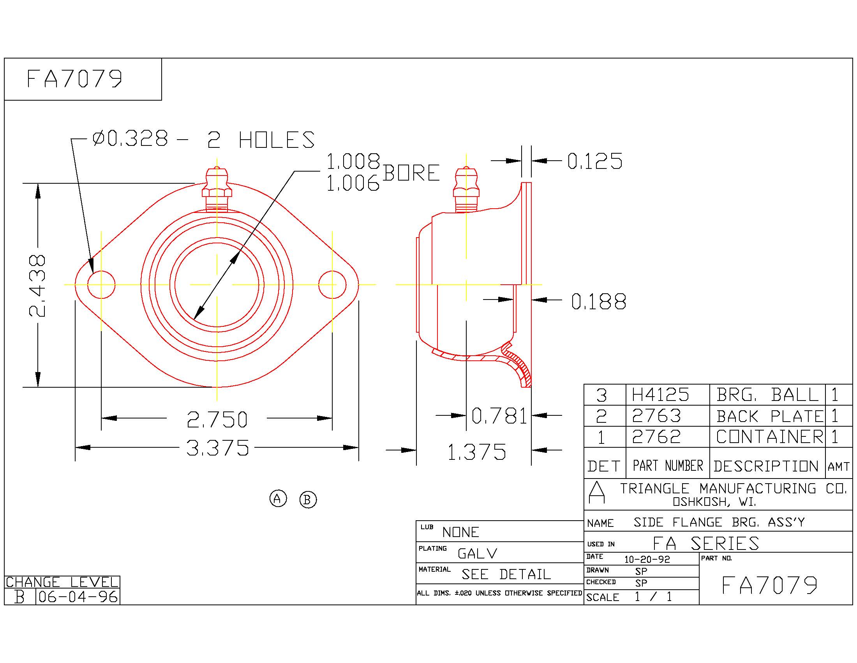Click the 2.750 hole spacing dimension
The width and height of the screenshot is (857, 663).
tap(217, 419)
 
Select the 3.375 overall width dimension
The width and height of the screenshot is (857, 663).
tap(217, 448)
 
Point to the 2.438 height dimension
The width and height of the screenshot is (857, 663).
tap(37, 285)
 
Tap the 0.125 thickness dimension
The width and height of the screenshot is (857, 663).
tap(595, 161)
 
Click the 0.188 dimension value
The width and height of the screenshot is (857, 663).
tap(598, 301)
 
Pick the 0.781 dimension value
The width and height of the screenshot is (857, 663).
tap(499, 416)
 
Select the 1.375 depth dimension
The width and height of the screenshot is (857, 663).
tap(477, 452)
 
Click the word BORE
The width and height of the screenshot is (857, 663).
tap(411, 173)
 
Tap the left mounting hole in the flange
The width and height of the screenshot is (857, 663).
tap(101, 285)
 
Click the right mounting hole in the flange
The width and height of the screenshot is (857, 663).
tap(332, 285)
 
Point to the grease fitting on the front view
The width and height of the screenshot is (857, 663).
tap(217, 189)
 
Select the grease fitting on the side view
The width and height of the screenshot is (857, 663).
tap(466, 190)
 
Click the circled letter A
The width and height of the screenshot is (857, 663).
tap(278, 499)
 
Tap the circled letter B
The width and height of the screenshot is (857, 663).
tap(308, 500)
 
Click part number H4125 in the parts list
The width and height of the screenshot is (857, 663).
tap(660, 395)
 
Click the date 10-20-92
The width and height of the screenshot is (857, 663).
tap(647, 559)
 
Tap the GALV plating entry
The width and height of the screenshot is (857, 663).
tap(478, 554)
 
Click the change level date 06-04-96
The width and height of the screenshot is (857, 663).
tap(78, 597)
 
